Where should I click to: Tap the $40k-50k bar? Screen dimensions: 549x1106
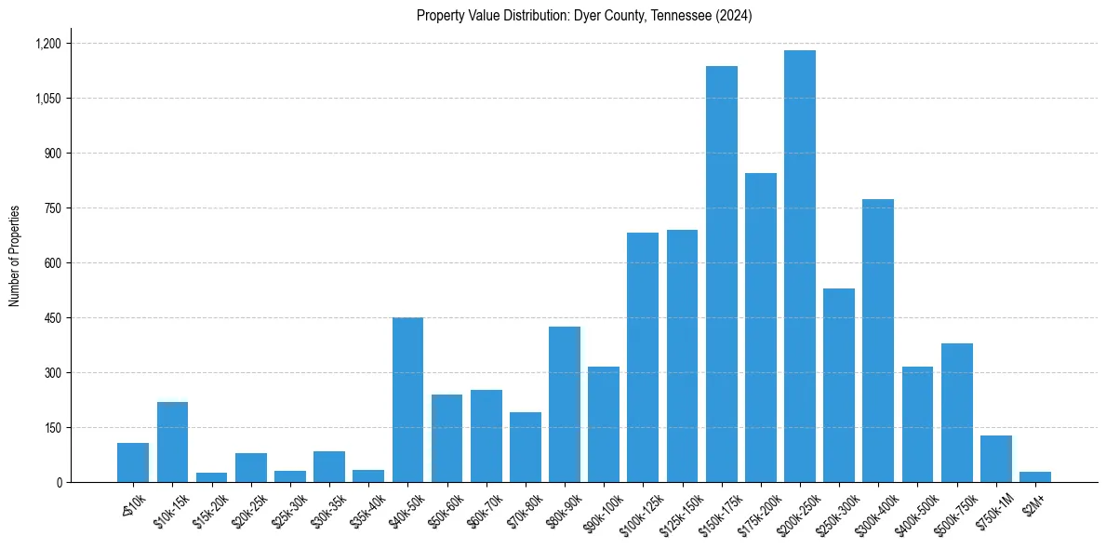407,400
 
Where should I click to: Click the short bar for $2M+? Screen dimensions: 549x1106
1034,476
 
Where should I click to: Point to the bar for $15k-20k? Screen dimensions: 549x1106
211,477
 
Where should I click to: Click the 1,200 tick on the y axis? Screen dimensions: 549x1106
47,44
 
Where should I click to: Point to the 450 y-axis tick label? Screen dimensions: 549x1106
51,318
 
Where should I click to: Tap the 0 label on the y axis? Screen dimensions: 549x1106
58,483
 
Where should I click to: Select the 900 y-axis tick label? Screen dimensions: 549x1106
51,154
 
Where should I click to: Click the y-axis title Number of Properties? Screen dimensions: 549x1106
14,256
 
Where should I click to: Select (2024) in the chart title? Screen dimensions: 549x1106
735,16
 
